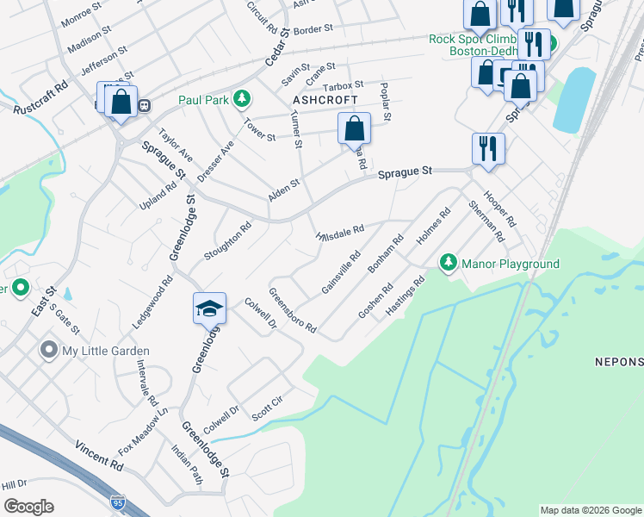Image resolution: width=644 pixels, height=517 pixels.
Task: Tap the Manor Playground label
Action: pos(511,264)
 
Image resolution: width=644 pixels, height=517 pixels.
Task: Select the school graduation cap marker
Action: pos(209,308)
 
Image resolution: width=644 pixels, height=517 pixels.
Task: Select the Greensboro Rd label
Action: pos(293,310)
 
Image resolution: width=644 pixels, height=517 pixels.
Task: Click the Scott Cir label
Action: pos(267,404)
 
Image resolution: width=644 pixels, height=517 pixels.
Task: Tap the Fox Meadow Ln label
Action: pos(143,430)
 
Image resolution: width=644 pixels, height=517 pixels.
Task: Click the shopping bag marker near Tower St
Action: pos(354,129)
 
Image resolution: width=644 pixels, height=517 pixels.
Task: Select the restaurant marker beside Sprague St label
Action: pos(488,148)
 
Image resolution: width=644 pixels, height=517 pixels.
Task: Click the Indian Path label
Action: pos(185,465)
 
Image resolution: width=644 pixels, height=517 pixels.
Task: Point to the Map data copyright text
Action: pos(590,510)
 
